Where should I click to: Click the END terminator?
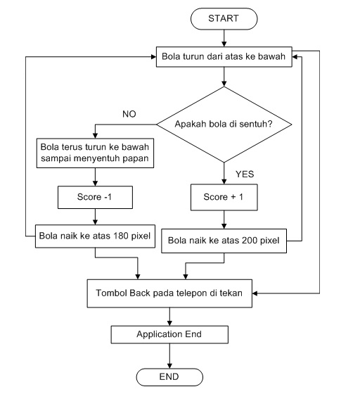pos(169,376)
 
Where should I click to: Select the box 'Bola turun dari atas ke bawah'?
pos(224,58)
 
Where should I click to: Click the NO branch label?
pos(129,113)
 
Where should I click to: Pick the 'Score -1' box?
pos(94,198)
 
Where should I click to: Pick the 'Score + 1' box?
pos(224,198)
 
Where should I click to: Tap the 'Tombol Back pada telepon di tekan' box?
pos(169,294)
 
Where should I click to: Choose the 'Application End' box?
pos(169,335)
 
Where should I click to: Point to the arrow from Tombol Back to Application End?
pos(169,316)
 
